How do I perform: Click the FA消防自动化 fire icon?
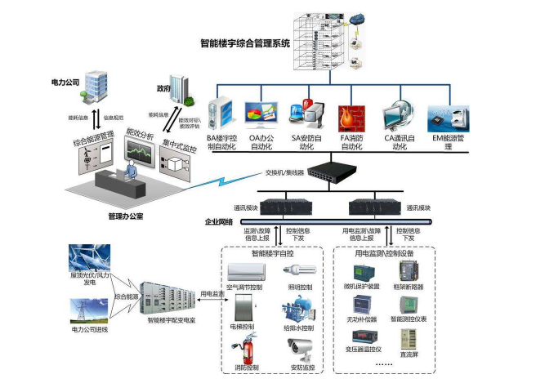coord(351,118)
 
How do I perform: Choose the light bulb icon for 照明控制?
coord(297,270)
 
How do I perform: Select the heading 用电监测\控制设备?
coord(384,253)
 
